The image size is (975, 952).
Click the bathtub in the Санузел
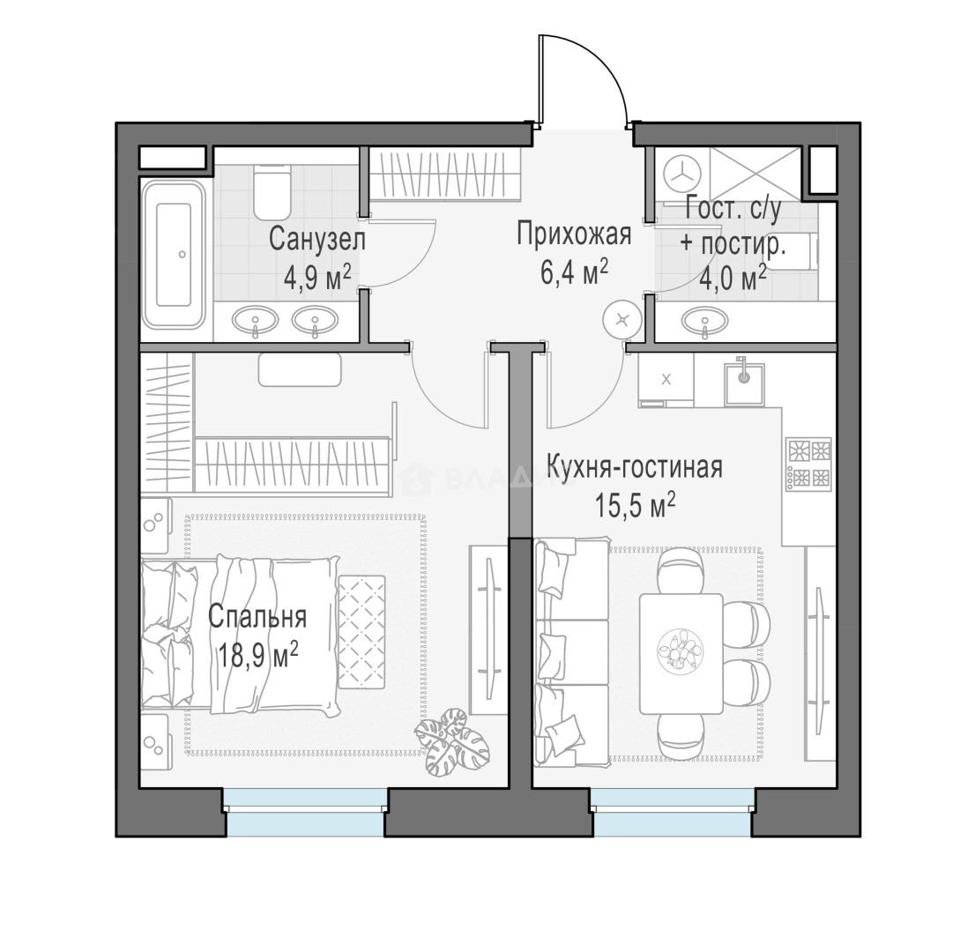click(174, 255)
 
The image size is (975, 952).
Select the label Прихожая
click(574, 234)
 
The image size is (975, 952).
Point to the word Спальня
click(257, 617)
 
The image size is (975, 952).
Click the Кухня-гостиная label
click(634, 467)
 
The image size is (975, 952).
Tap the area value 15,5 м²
click(636, 505)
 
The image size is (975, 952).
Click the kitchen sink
click(744, 383)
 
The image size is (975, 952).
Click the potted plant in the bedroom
click(453, 740)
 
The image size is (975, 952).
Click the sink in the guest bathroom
click(704, 322)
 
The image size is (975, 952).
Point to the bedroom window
click(305, 812)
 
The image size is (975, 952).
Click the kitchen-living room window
click(673, 812)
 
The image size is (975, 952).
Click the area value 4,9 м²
click(317, 278)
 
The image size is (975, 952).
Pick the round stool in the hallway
click(622, 320)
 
